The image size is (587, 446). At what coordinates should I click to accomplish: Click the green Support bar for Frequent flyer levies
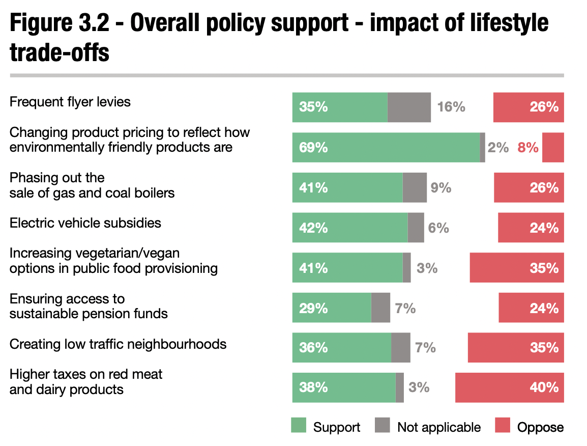[339, 107]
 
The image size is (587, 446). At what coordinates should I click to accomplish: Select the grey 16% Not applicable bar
[409, 107]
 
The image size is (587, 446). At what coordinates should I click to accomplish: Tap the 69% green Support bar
[386, 148]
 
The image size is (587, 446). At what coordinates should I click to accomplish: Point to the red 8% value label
[528, 148]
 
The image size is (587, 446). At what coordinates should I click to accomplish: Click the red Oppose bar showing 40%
[509, 387]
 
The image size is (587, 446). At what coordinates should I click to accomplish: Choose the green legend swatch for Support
[299, 426]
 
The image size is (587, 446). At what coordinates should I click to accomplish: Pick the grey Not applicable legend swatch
[383, 426]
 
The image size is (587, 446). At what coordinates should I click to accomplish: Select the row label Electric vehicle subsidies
[85, 223]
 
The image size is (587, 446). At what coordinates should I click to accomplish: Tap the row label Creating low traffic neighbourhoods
[118, 344]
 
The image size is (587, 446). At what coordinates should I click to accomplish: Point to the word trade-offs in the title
[60, 53]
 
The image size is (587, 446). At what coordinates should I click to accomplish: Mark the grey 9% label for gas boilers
[441, 188]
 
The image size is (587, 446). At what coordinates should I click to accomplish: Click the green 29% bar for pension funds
[331, 308]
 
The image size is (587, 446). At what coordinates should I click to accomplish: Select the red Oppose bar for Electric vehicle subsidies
[531, 228]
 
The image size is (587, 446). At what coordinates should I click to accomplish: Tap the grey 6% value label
[438, 228]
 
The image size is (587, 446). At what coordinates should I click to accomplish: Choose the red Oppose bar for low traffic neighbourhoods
[516, 348]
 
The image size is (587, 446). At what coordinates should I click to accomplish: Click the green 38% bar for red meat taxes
[343, 387]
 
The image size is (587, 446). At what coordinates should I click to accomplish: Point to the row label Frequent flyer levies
[70, 102]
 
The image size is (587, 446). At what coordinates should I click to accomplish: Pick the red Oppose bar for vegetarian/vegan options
[517, 268]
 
